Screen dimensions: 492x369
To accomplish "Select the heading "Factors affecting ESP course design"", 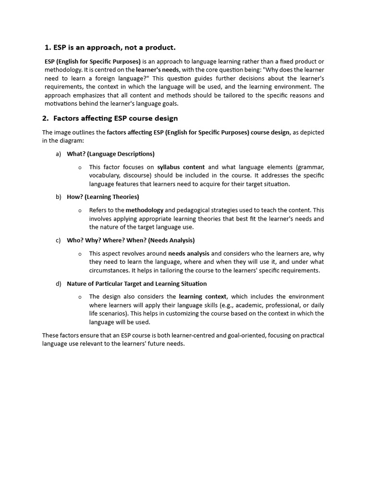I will click(115, 118).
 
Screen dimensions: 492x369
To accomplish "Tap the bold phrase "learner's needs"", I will click(158, 70).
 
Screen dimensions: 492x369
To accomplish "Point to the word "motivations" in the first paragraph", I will click(61, 103).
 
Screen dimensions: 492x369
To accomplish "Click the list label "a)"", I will click(58, 154).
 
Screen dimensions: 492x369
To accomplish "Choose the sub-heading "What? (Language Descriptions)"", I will click(111, 154).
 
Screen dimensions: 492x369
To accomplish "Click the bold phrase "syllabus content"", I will click(181, 167).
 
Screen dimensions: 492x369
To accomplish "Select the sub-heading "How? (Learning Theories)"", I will click(103, 197).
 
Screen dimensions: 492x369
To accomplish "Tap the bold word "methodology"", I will click(144, 210).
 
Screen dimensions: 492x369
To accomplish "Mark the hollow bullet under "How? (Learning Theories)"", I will click(80, 210).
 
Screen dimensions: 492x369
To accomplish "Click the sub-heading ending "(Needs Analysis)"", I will click(131, 240).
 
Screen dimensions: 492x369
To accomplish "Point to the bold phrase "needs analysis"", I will click(188, 253).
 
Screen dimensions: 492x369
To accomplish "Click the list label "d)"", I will click(58, 283).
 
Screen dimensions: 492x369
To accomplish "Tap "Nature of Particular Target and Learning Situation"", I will click(137, 283).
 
